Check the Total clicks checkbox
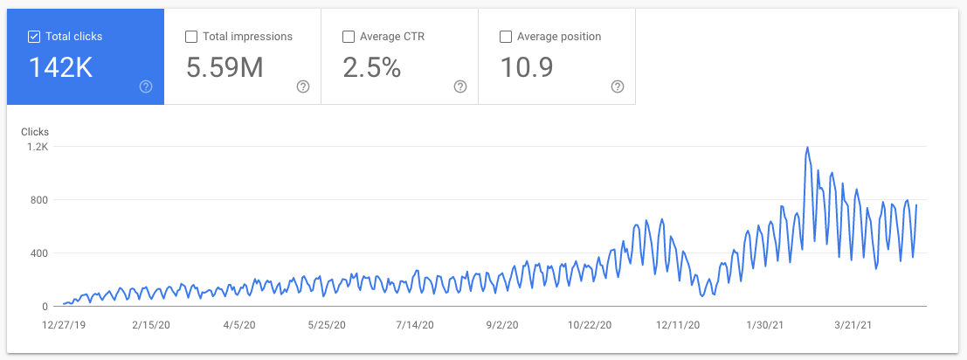pyautogui.click(x=34, y=37)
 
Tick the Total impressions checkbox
pyautogui.click(x=191, y=37)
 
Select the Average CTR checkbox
pyautogui.click(x=349, y=37)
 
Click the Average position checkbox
pyautogui.click(x=505, y=37)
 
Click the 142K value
pyautogui.click(x=61, y=67)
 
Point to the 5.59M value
pyautogui.click(x=224, y=67)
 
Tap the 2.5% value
pyautogui.click(x=371, y=67)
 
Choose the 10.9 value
pyautogui.click(x=527, y=67)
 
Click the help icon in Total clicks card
pyautogui.click(x=146, y=87)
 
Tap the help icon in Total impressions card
pyautogui.click(x=303, y=87)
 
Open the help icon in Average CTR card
pyautogui.click(x=460, y=87)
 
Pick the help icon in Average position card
pyautogui.click(x=618, y=87)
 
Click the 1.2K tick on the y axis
pyautogui.click(x=37, y=147)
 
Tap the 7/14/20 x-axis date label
pyautogui.click(x=414, y=325)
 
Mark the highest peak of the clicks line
pyautogui.click(x=807, y=148)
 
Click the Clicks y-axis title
pyautogui.click(x=35, y=132)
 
